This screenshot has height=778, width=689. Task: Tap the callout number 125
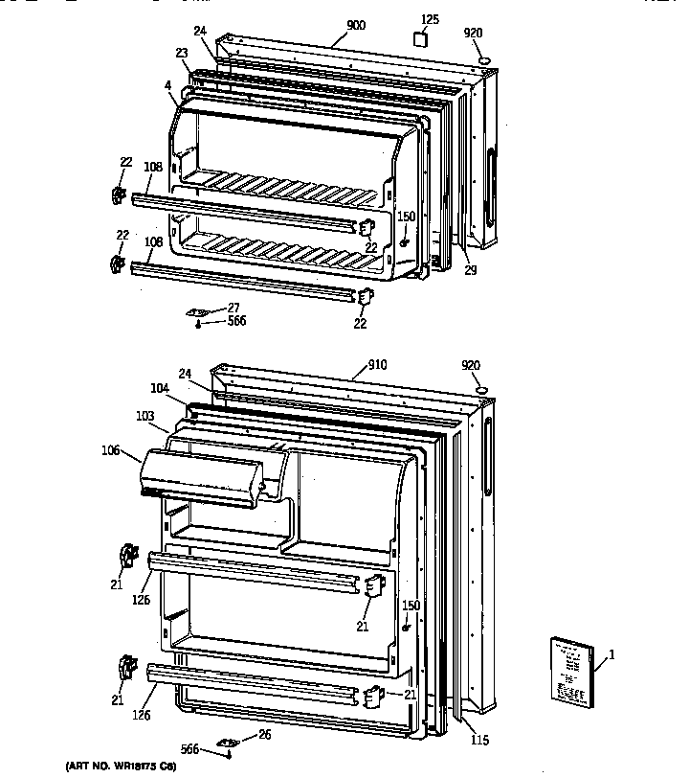431,19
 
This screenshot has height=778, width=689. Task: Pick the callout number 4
168,86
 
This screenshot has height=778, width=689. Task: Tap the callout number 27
233,308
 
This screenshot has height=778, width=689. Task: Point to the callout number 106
111,449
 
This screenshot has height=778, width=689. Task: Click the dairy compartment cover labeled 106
201,476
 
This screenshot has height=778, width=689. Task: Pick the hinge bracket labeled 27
202,312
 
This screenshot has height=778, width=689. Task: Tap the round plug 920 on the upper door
484,59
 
